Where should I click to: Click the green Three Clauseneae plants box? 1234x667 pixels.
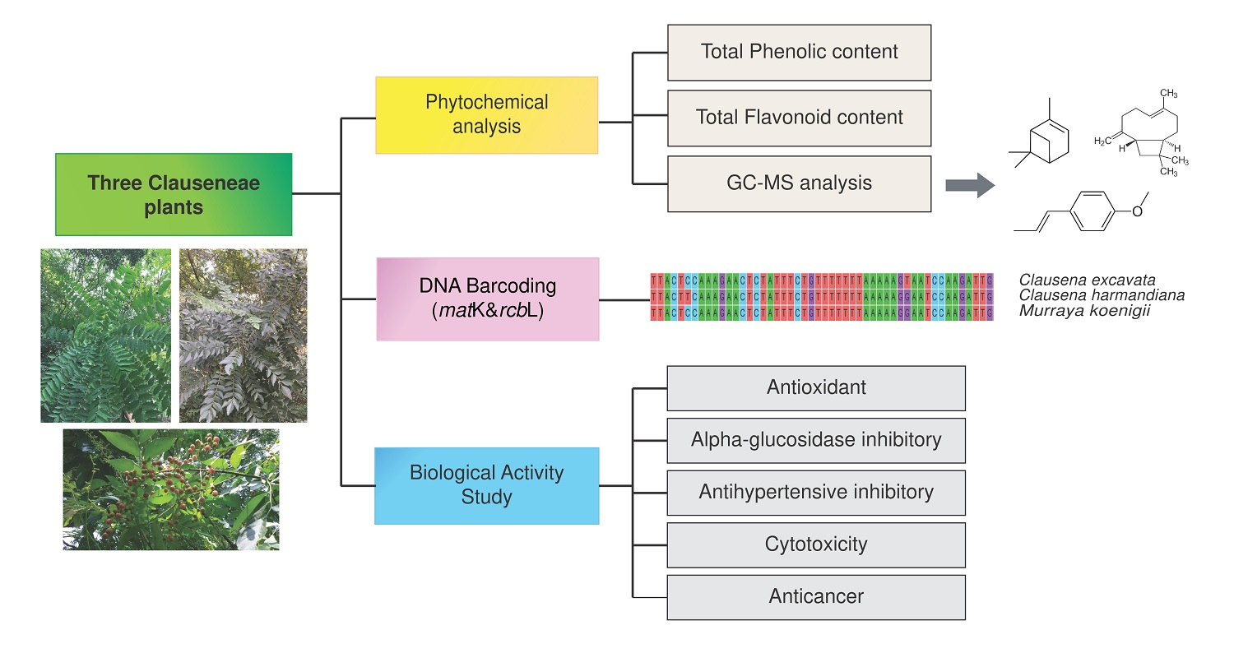coord(174,194)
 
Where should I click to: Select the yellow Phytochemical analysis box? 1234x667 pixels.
coord(486,115)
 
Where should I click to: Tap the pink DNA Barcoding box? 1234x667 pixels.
coord(487,299)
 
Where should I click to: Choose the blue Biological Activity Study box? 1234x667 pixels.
coord(486,485)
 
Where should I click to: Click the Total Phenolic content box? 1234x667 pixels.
coord(799,52)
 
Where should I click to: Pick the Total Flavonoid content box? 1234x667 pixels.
coord(799,118)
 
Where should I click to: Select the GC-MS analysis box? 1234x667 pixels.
coord(799,183)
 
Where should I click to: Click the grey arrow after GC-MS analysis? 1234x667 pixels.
coord(970,186)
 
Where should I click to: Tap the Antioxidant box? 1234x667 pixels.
coord(815,387)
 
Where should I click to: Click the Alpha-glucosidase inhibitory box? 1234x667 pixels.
coord(815,440)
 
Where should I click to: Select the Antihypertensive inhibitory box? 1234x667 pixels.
coord(815,493)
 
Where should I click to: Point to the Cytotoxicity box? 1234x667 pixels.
coord(815,544)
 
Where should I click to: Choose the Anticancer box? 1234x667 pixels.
coord(815,597)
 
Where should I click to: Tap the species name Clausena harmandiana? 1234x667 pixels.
coord(1102,295)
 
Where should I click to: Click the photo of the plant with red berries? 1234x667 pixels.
coord(171,489)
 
